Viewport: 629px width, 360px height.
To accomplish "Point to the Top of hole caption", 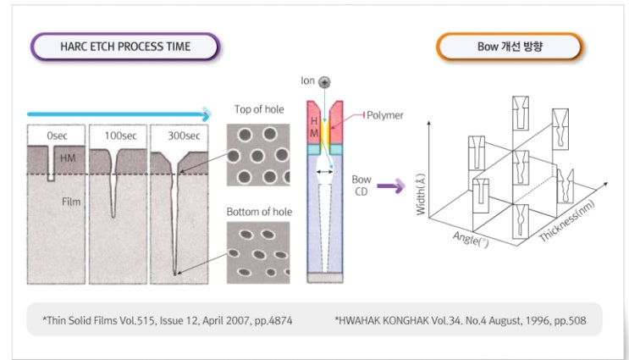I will [258, 109].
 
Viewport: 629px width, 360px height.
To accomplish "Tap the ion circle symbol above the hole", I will [324, 81].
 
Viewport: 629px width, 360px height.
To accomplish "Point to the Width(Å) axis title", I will [422, 191].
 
